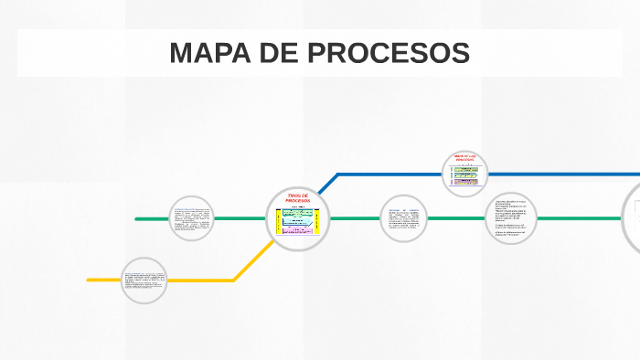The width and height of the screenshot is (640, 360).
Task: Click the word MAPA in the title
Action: pos(209,53)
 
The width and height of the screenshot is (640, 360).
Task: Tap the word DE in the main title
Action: pos(278,53)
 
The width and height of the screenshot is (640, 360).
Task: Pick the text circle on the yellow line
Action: pos(144,280)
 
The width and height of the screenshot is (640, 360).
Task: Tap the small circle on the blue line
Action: pos(465,174)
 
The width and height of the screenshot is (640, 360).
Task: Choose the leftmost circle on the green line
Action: pos(192,219)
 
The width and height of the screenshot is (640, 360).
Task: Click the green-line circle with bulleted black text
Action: pos(512,218)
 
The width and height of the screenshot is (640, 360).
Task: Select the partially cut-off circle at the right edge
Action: pos(632,218)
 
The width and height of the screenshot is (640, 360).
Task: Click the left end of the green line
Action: pos(137,219)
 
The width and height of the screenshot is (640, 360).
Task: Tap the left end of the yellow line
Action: pos(90,280)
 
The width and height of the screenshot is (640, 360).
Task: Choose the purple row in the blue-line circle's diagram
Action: pos(465,181)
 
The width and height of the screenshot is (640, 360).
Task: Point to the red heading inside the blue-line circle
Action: pos(465,157)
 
